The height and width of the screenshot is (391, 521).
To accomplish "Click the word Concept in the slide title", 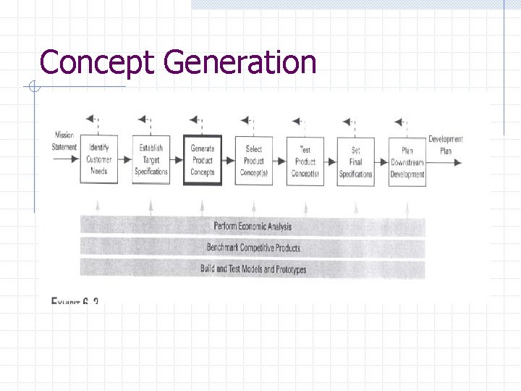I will coord(97,62).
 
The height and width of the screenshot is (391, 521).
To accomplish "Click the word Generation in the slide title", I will coord(240,62).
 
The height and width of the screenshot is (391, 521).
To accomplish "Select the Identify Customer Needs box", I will coord(99,160).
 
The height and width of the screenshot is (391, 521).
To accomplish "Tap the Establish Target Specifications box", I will coord(151,160).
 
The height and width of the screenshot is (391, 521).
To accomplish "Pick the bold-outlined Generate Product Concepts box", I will coord(203,160).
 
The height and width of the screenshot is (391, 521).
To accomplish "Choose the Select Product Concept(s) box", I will coord(254,160).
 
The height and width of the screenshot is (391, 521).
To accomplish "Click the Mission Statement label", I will coord(64,141).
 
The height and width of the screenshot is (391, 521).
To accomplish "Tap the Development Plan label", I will coord(446,145).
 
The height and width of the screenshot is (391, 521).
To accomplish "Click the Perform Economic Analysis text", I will coord(253,227).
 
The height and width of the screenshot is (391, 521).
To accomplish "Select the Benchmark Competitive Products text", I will coord(253,248).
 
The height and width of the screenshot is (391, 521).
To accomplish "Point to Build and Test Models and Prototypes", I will coord(253,269).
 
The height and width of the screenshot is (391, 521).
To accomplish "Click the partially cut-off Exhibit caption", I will coord(75,300).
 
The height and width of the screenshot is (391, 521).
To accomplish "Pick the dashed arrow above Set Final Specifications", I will coord(349,121).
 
